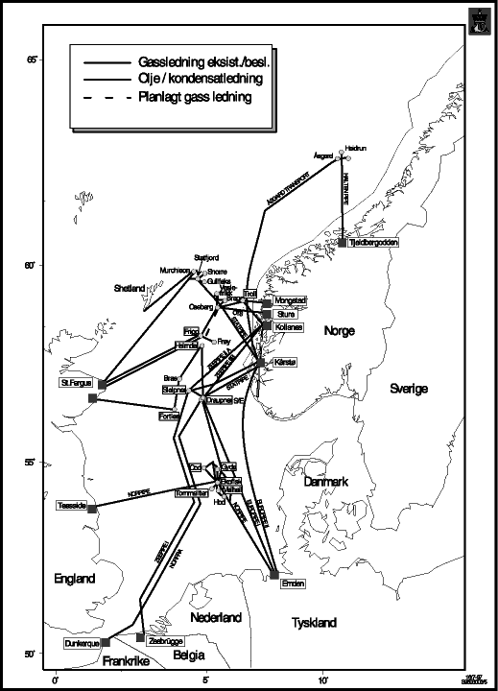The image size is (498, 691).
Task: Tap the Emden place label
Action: [x=292, y=584]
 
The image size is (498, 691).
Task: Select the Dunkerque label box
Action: [x=81, y=643]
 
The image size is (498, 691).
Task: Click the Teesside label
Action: [x=72, y=505]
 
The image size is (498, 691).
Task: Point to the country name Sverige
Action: [x=408, y=389]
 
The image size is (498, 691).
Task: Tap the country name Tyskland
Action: [x=314, y=623]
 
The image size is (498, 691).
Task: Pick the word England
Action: [x=75, y=579]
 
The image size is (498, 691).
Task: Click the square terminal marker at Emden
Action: [x=274, y=575]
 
